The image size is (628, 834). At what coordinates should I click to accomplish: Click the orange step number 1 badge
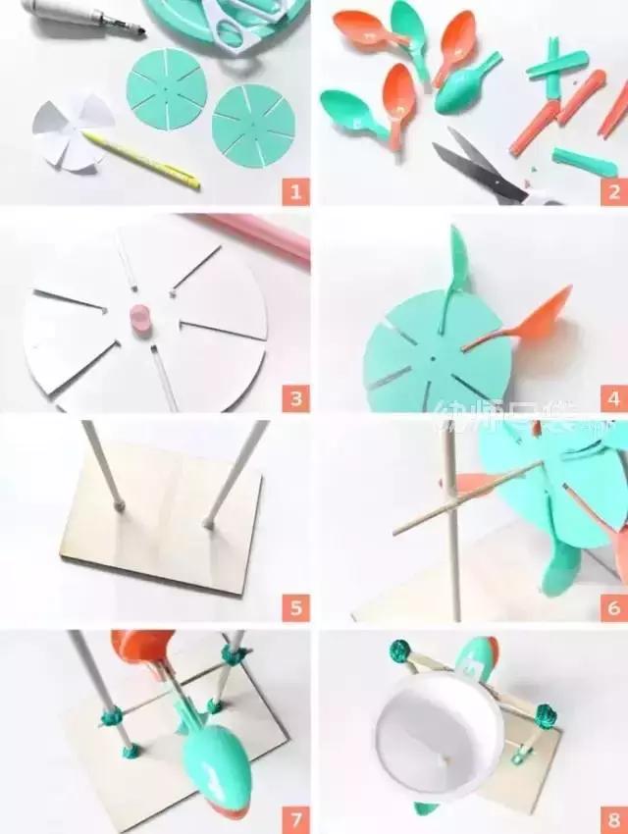294,190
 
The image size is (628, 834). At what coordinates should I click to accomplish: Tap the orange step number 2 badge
613,190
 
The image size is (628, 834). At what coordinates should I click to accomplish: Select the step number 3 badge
294,398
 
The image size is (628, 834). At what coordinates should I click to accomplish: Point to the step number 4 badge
613,398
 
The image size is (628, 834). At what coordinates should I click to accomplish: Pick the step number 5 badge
294,607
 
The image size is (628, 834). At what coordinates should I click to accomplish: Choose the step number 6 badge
613,607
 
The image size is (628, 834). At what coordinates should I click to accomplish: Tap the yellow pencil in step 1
142,160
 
